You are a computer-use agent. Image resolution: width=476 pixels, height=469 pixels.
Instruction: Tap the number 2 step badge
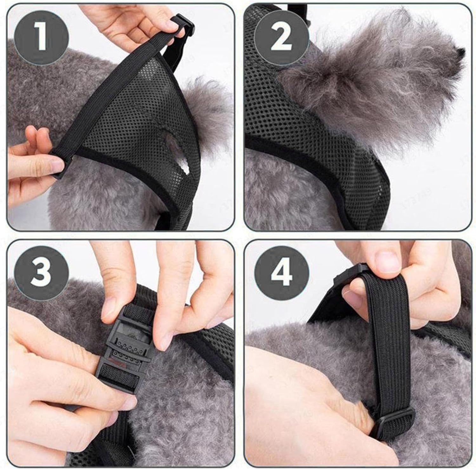tap(281, 39)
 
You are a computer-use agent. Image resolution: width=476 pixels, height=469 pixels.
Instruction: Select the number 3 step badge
tap(41, 273)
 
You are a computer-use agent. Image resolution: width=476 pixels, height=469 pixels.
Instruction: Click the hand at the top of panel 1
tap(127, 22)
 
